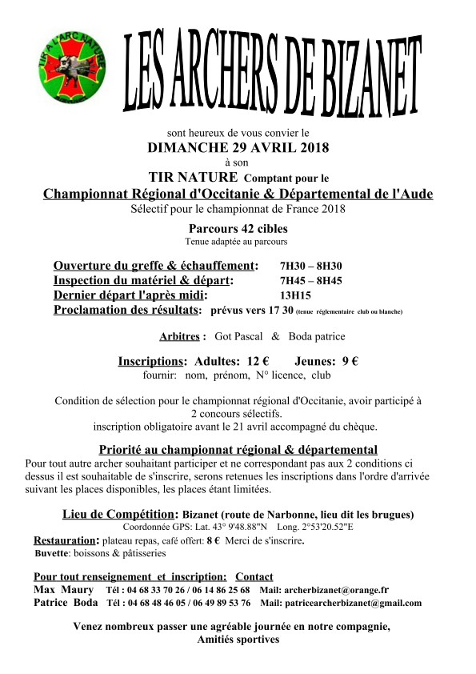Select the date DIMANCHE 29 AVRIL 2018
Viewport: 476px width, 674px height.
238,147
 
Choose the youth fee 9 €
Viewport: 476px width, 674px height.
348,362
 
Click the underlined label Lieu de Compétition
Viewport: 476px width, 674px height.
118,514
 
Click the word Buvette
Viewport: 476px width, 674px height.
52,553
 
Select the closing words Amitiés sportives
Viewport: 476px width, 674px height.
238,640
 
